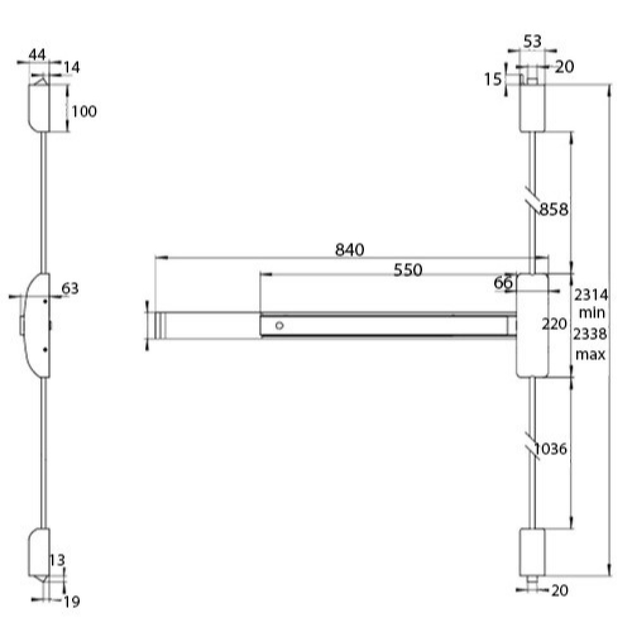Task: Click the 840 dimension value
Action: (x=349, y=250)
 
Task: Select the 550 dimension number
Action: (x=408, y=270)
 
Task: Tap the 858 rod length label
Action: (x=554, y=209)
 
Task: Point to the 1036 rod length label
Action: (x=551, y=449)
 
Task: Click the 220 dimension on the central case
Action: (x=554, y=324)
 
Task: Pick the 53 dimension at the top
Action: (x=532, y=41)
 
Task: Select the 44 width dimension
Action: (x=37, y=54)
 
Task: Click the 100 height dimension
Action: (x=84, y=111)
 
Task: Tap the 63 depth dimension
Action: (x=70, y=289)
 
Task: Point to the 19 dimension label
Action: (x=72, y=602)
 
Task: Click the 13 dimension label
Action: (x=57, y=560)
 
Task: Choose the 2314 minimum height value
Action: (x=590, y=295)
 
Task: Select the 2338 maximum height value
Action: (x=590, y=334)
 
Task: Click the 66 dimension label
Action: (x=504, y=283)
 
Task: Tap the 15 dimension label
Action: (x=492, y=80)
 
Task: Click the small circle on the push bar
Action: (x=279, y=325)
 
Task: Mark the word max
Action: (x=590, y=355)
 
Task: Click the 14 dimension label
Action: (x=72, y=68)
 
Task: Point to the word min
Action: (x=592, y=313)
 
